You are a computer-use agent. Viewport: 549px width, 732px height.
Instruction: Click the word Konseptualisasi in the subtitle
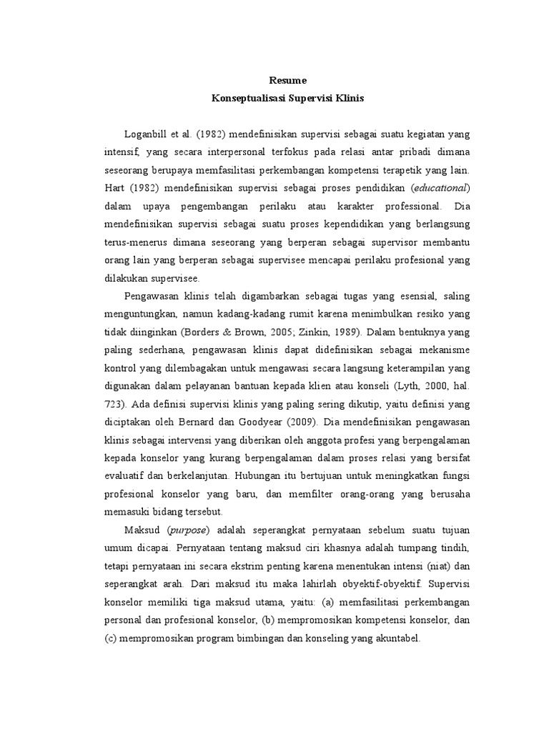(x=247, y=99)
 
